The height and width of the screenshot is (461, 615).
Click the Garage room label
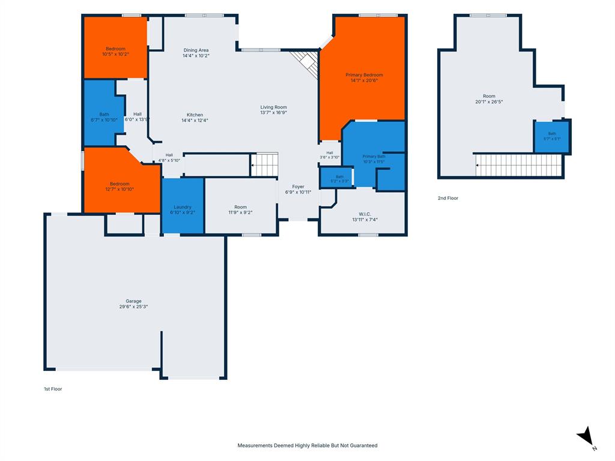click(133, 301)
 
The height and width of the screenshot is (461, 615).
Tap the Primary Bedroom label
click(364, 75)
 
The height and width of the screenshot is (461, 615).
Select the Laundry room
click(183, 206)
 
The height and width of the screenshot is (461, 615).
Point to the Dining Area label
click(196, 50)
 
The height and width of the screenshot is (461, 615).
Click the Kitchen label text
click(195, 115)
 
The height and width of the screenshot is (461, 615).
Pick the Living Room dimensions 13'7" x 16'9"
click(273, 112)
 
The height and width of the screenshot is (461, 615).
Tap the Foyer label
click(298, 187)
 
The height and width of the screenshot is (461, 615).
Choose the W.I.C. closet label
click(365, 214)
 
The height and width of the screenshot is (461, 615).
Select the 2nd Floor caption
click(448, 198)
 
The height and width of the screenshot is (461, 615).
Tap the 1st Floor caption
click(53, 389)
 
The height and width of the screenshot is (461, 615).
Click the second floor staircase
click(518, 165)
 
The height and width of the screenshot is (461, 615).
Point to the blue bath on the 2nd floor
click(552, 136)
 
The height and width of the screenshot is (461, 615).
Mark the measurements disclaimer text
click(307, 446)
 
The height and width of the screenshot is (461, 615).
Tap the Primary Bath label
click(374, 157)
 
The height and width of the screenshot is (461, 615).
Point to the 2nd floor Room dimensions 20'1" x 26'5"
click(489, 102)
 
